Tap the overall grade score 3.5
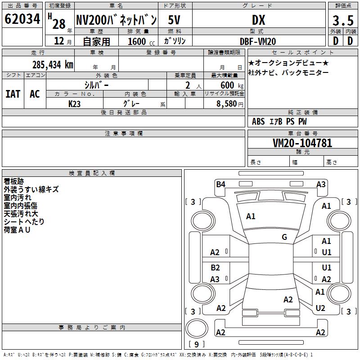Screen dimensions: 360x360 coord(342,20)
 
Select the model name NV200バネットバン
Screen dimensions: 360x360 coord(116,20)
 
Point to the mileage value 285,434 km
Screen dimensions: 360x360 coord(53,64)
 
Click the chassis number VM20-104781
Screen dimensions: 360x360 coord(302,144)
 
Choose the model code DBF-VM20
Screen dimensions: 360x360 coord(258,41)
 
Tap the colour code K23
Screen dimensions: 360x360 coord(75,103)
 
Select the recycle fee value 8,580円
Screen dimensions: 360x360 coord(229,103)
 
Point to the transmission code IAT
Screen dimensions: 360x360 coord(13,94)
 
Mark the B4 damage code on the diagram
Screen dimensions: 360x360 coord(220,184)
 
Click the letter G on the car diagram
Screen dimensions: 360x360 coord(284,237)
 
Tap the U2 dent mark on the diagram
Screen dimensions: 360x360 coord(320,308)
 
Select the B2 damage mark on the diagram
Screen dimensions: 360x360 coord(215,268)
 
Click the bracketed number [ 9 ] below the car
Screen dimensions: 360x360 coord(196,344)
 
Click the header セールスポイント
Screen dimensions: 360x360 coord(291,53)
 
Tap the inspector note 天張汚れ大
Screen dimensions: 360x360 coord(21,214)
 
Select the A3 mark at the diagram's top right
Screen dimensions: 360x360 coord(321,184)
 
